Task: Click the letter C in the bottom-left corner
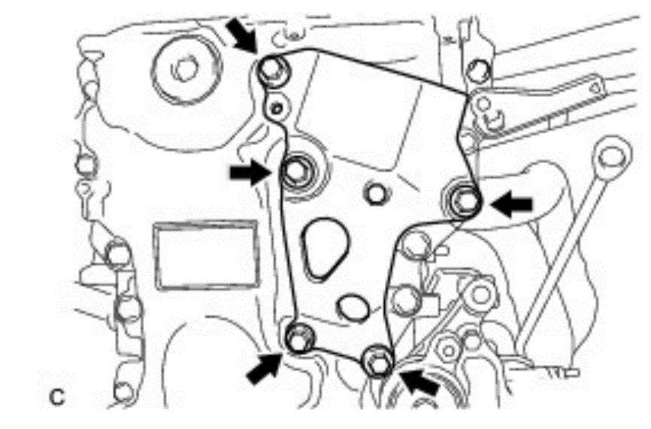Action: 57,397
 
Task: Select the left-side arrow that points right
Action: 249,174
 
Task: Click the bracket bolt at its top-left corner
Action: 270,70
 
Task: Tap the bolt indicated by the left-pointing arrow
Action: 465,200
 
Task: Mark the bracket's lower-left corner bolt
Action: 299,339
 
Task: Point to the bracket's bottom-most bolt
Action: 377,361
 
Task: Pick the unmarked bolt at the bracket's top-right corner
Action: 476,71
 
